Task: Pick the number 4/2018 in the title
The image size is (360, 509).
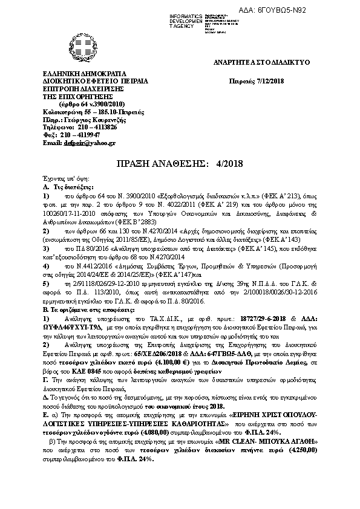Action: pyautogui.click(x=228, y=164)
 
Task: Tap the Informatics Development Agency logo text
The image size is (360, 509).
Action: pyautogui.click(x=189, y=19)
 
